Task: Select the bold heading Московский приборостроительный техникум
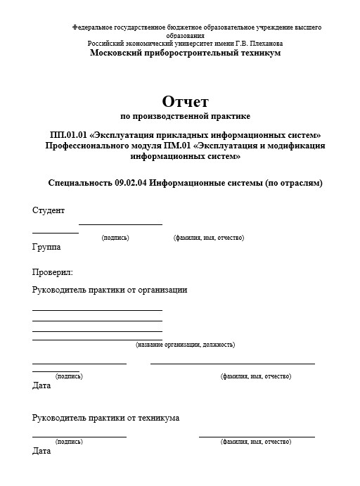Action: tap(185, 53)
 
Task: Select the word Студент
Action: tap(49, 210)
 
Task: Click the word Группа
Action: tap(46, 247)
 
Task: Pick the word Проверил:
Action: tap(53, 271)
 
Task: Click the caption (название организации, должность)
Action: tap(185, 345)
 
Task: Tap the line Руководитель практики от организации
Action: tap(110, 290)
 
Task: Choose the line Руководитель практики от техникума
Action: tap(105, 418)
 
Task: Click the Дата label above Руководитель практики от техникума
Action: tap(41, 385)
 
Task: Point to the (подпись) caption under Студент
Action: tap(115, 238)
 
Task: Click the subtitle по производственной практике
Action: tap(185, 115)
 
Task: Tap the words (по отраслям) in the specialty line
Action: tap(292, 182)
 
